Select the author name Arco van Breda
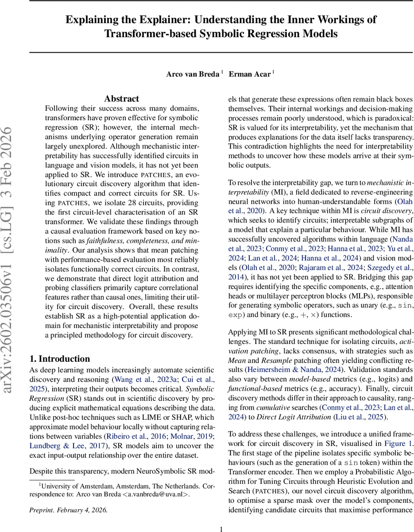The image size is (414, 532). pyautogui.click(x=193, y=74)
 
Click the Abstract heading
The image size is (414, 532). pyautogui.click(x=121, y=98)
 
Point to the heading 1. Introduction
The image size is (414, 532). pyautogui.click(x=59, y=359)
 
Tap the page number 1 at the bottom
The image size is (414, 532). pyautogui.click(x=221, y=529)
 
